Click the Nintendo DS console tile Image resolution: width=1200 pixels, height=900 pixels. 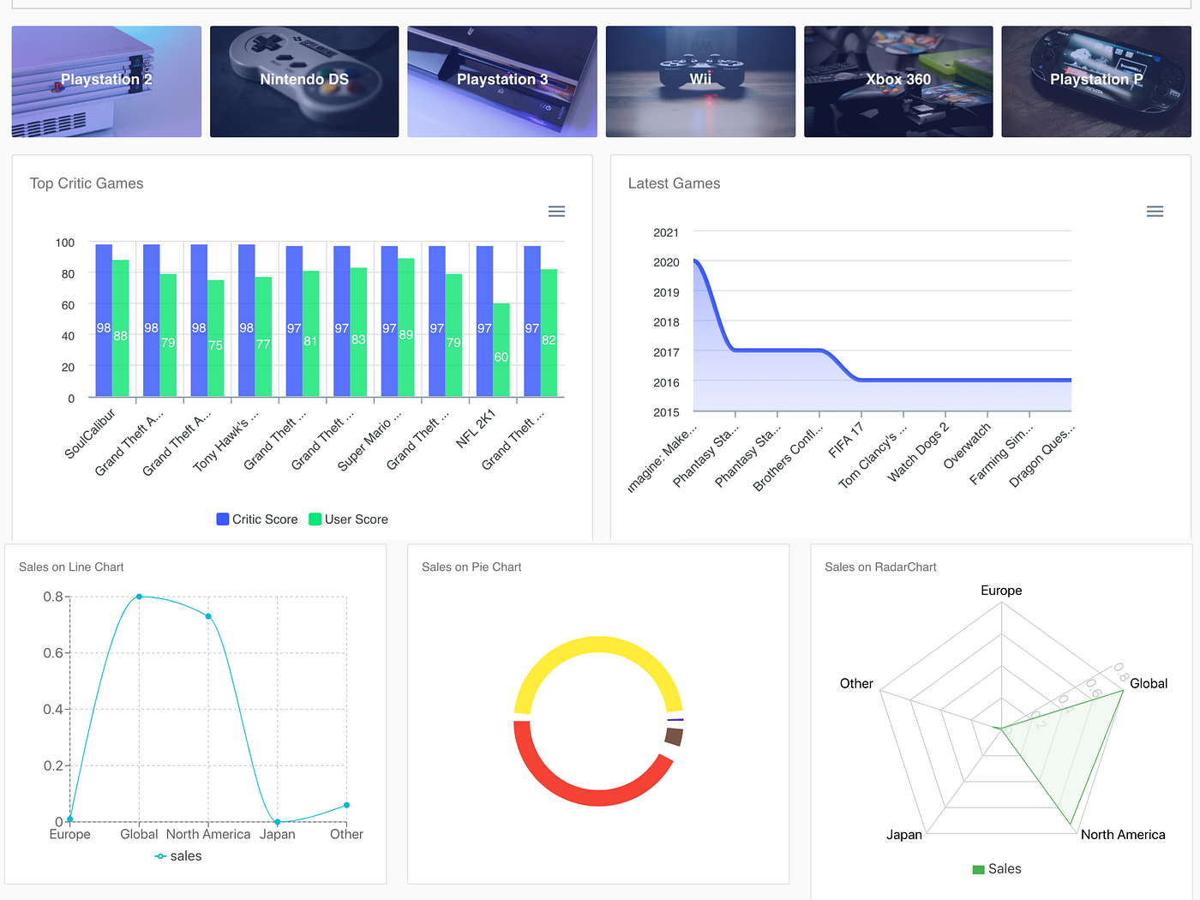(x=304, y=81)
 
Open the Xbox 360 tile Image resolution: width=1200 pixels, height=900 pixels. (x=898, y=81)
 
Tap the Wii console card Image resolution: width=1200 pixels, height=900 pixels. (x=700, y=81)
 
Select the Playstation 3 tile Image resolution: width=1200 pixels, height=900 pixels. (x=502, y=81)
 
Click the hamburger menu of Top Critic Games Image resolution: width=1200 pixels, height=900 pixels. (x=556, y=212)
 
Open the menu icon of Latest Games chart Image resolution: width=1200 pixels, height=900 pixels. (x=1155, y=212)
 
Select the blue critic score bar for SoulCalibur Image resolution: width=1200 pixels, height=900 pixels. (x=104, y=321)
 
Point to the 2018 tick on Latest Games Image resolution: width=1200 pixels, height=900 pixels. (x=666, y=322)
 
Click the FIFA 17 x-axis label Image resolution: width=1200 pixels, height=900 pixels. (x=846, y=441)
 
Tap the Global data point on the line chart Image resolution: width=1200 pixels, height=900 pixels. (x=139, y=597)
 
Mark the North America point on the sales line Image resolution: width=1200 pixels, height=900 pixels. (x=208, y=616)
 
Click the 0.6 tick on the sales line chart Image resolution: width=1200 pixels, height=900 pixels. (x=53, y=653)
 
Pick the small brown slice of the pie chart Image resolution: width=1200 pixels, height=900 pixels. (x=674, y=736)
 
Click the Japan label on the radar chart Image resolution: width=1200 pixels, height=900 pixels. (x=903, y=835)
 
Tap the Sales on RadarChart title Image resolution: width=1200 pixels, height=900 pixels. (x=880, y=567)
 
